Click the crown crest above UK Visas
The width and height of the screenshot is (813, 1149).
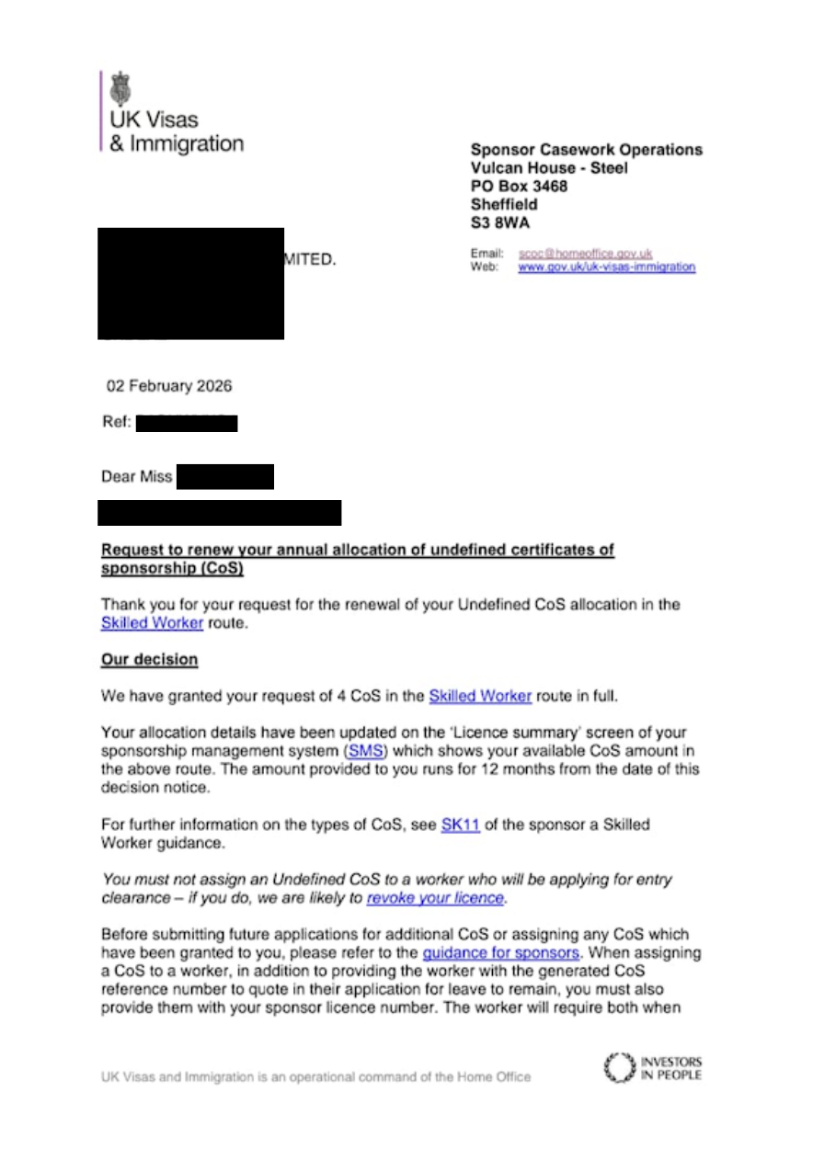pyautogui.click(x=120, y=89)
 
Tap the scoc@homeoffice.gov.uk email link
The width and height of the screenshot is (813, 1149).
pyautogui.click(x=585, y=253)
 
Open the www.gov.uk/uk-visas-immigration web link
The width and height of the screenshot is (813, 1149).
pyautogui.click(x=606, y=267)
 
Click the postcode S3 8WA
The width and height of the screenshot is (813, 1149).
pyautogui.click(x=499, y=223)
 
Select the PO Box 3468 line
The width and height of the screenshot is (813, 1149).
pyautogui.click(x=519, y=187)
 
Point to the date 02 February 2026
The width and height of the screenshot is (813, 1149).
pyautogui.click(x=169, y=386)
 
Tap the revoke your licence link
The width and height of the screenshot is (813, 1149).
pyautogui.click(x=435, y=898)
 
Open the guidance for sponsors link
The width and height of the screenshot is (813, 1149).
pyautogui.click(x=500, y=953)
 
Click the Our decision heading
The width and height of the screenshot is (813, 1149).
pyautogui.click(x=149, y=660)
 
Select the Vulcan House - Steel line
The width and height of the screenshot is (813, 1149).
pyautogui.click(x=549, y=168)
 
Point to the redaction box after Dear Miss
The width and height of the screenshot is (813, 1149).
pyautogui.click(x=224, y=477)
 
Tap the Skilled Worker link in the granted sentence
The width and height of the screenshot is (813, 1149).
pyautogui.click(x=480, y=696)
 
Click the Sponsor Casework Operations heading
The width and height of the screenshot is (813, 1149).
pyautogui.click(x=586, y=150)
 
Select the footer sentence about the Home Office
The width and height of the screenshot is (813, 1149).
pyautogui.click(x=315, y=1076)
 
